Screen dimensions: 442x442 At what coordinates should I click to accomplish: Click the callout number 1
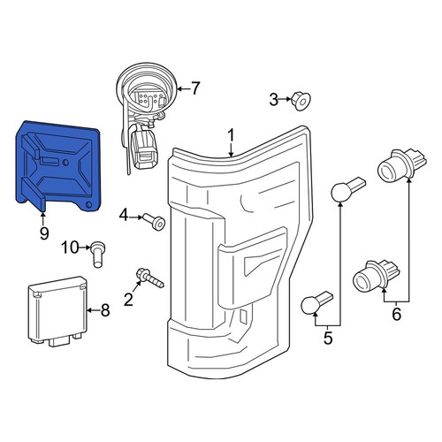232,136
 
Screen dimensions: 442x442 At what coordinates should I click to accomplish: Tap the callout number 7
195,88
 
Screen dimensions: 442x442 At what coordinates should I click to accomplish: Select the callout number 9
44,233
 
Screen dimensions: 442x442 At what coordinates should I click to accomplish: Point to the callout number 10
70,248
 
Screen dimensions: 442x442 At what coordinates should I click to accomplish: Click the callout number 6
397,314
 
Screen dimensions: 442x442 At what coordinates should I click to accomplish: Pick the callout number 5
328,338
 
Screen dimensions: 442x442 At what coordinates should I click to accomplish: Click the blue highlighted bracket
57,166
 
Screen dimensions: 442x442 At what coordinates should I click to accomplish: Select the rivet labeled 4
154,222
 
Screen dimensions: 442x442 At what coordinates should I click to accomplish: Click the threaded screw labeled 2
149,278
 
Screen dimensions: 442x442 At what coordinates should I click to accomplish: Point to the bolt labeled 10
97,254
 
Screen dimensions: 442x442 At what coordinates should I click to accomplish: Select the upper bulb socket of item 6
401,164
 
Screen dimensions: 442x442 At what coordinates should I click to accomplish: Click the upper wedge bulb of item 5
347,189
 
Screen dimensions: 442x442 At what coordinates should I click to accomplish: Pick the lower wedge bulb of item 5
316,302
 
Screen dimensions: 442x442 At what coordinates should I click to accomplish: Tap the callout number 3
274,100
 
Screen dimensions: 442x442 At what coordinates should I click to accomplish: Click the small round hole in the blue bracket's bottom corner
88,205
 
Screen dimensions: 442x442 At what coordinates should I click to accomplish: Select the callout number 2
128,300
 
